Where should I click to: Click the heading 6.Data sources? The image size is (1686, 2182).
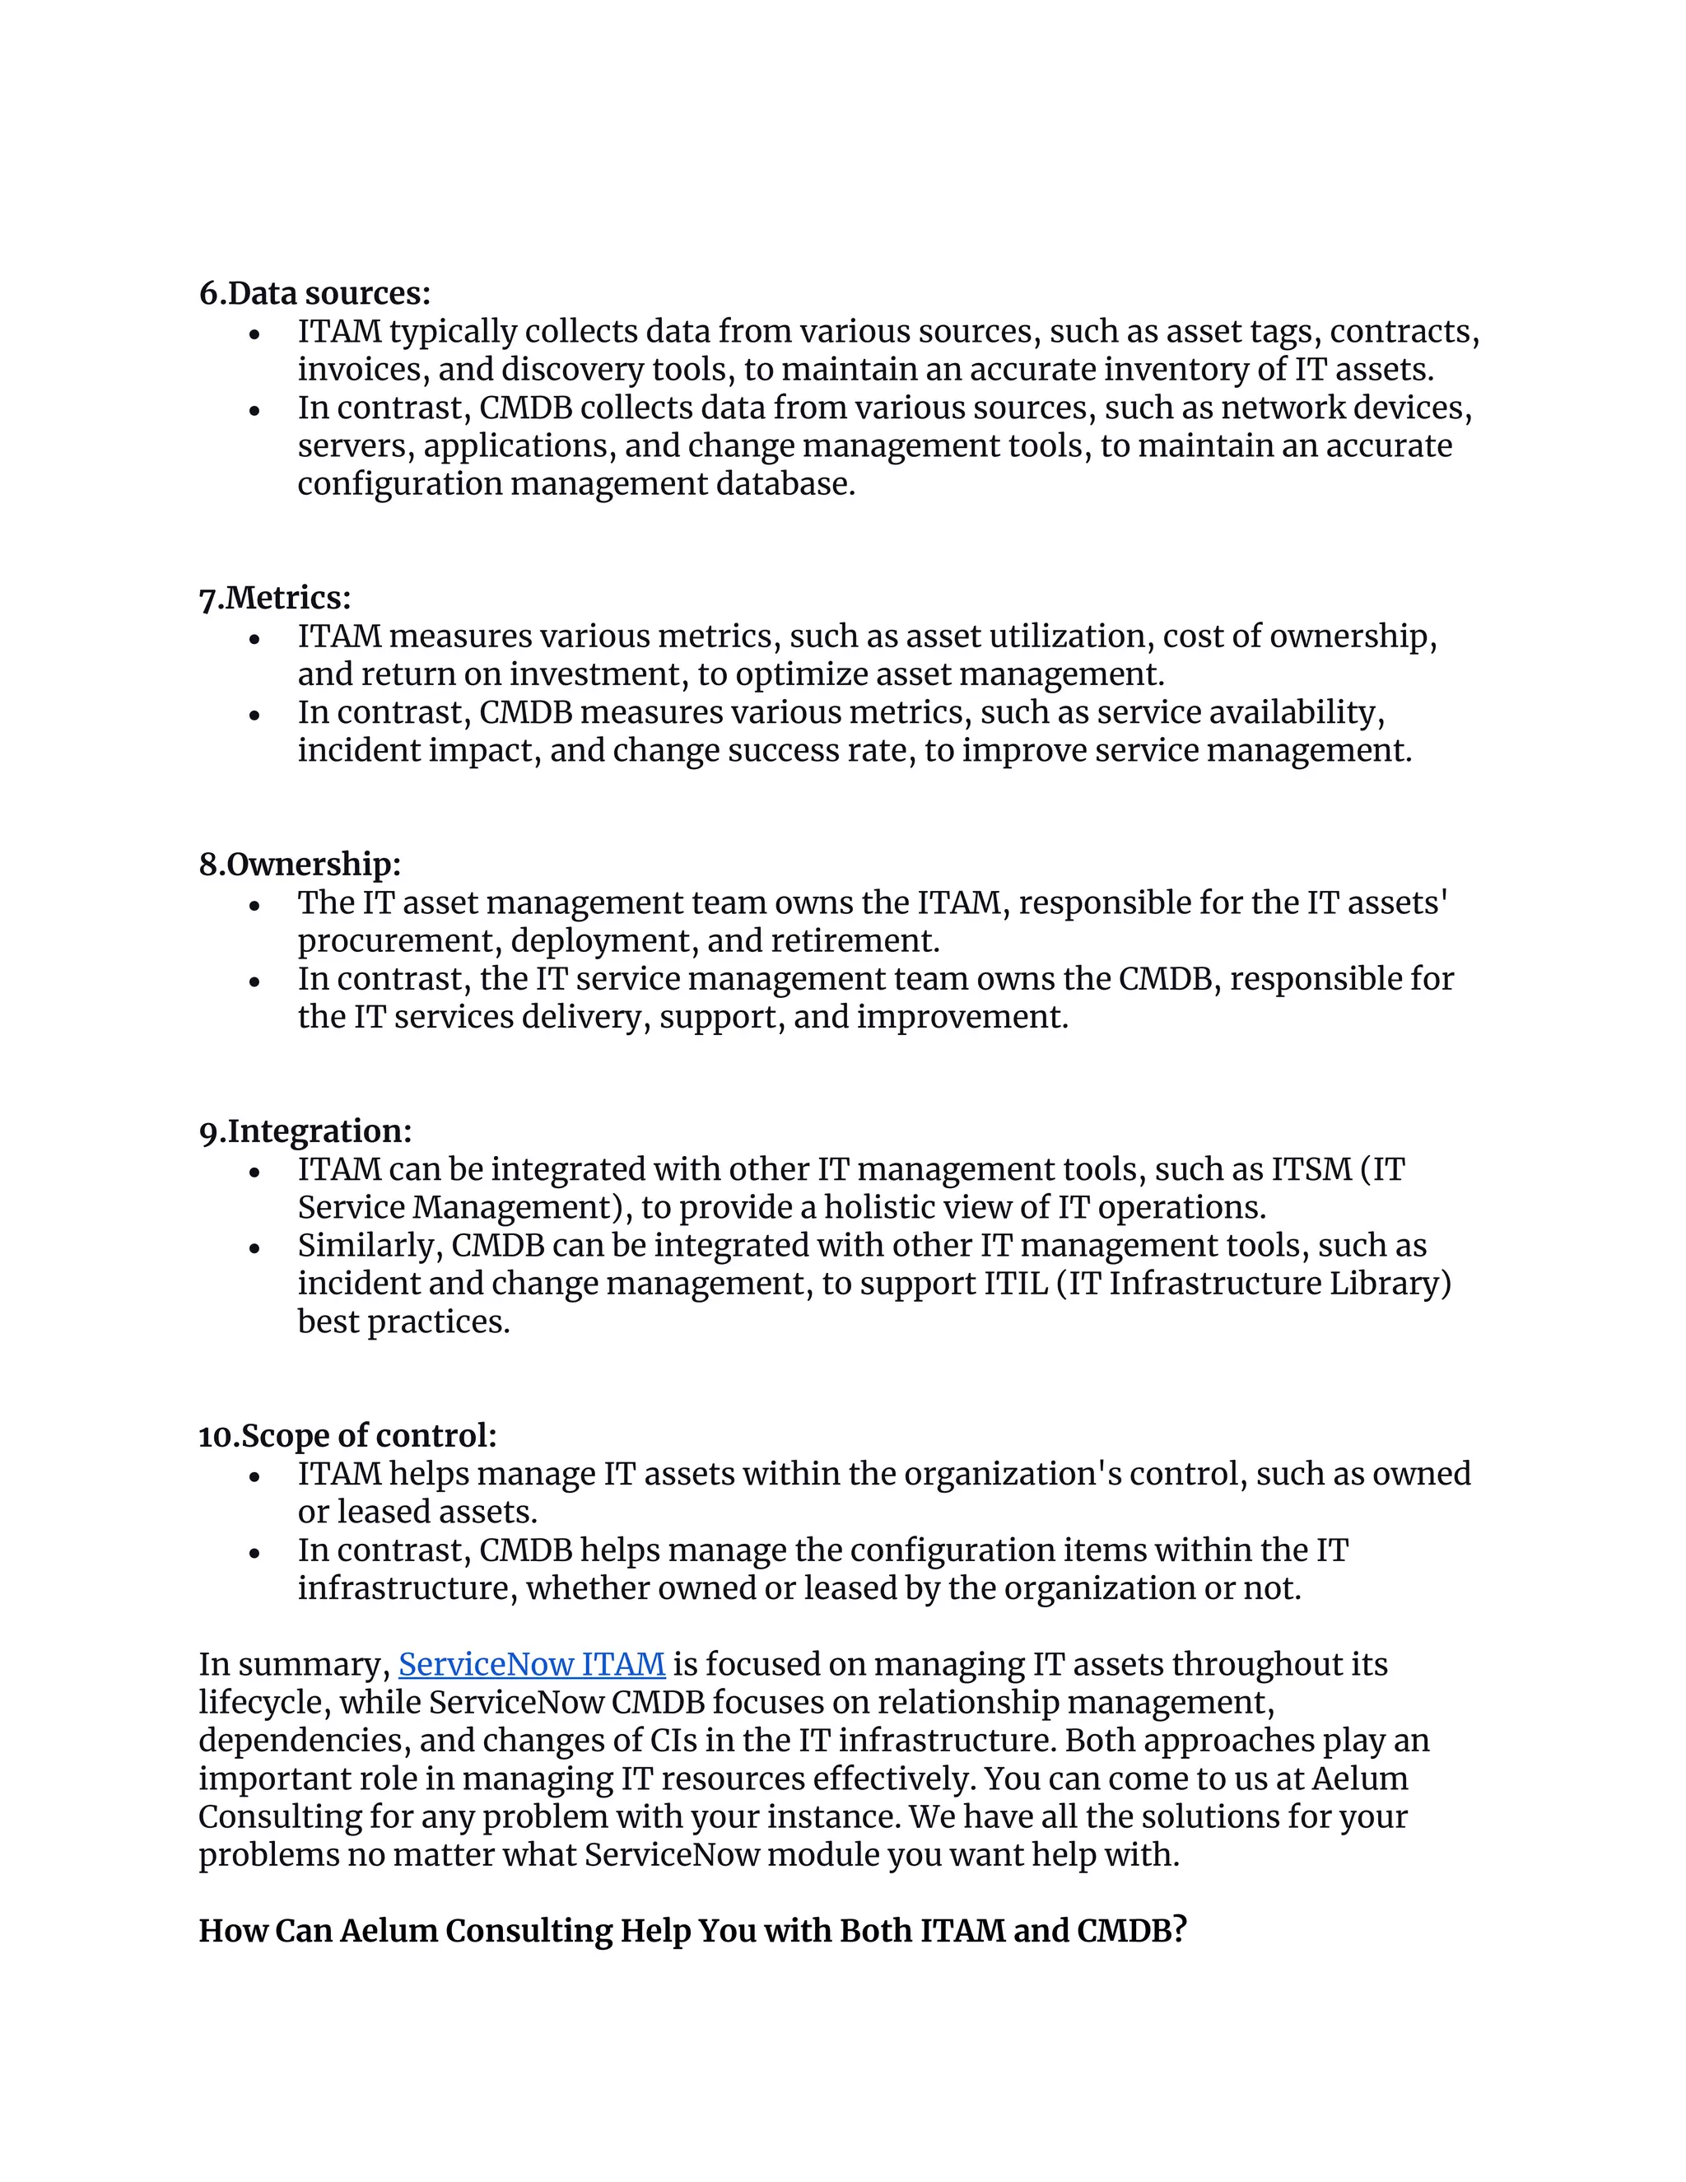[314, 293]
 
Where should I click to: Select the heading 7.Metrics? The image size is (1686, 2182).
[275, 598]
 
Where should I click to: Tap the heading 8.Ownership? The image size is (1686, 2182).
[300, 865]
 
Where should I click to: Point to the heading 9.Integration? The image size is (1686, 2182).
[305, 1131]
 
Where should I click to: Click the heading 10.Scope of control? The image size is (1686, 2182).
[347, 1436]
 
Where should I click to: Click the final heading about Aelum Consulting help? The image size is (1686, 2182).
[692, 1931]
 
